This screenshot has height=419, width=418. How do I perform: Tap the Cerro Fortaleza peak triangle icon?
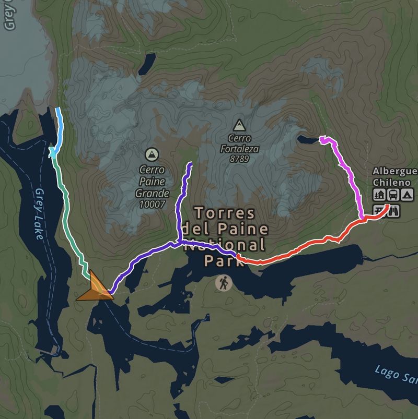pos(239,125)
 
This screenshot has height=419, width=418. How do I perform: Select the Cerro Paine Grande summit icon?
pos(152,154)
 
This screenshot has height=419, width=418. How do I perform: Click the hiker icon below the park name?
pos(224,283)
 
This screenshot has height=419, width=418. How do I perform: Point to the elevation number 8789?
pos(239,159)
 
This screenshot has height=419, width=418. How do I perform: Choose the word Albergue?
pos(395,171)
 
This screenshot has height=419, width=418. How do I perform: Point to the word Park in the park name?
pos(224,261)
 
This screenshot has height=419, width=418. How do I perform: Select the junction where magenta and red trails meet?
pos(362,219)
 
